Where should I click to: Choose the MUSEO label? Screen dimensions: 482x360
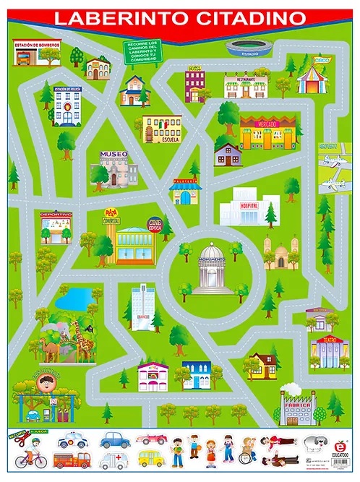[x=113, y=155]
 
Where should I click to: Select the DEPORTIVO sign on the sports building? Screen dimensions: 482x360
[x=56, y=215]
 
